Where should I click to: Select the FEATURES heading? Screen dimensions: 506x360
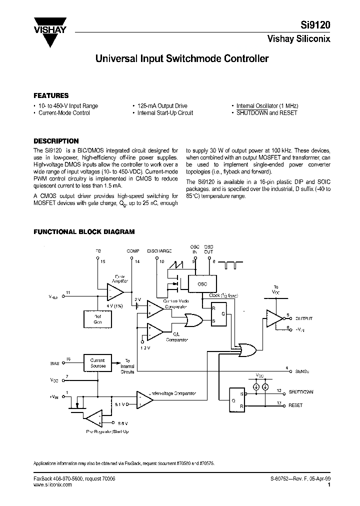click(51, 95)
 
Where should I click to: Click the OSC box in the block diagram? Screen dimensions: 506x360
click(202, 283)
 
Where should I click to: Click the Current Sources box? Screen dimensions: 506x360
click(97, 363)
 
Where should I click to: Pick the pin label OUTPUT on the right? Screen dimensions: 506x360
click(303, 318)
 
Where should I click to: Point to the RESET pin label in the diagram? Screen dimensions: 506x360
click(295, 405)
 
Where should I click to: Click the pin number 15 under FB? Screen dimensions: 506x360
click(103, 261)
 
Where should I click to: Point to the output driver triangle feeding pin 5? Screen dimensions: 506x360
click(274, 318)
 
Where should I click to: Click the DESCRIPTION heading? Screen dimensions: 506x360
click(55, 141)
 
